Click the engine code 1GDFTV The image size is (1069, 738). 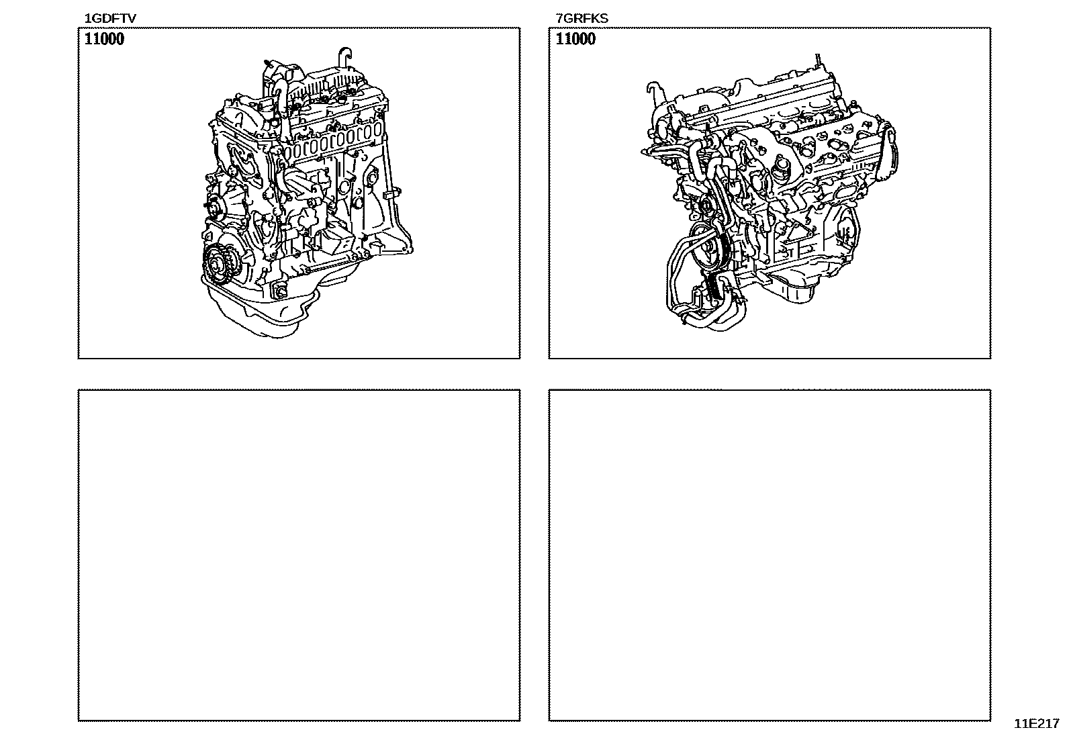point(110,19)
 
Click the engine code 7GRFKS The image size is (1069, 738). point(582,19)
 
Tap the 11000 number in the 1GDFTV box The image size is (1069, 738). point(104,39)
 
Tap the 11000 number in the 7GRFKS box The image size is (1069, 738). point(575,39)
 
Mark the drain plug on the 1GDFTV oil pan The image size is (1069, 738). point(279,289)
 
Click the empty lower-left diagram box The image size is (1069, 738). point(299,555)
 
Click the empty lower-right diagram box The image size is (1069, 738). point(770,555)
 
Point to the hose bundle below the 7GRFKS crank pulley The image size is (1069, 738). point(706,306)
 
